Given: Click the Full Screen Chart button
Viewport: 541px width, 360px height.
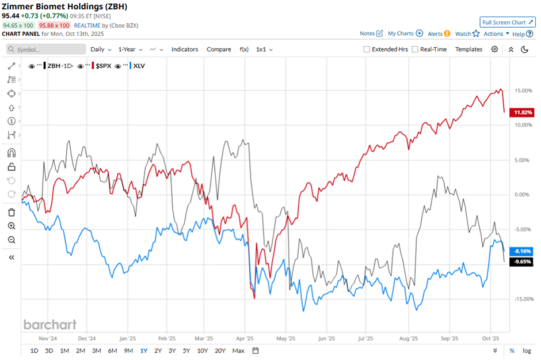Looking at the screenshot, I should [x=508, y=22].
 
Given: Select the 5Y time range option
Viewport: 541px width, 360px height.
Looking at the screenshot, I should [x=186, y=350].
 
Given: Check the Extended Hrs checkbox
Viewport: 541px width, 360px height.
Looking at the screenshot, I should [x=367, y=50].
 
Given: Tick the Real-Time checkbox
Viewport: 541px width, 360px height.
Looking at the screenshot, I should [x=415, y=50].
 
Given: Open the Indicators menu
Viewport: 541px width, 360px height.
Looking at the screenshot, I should [x=184, y=50].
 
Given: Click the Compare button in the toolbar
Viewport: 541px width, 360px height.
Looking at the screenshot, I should [x=219, y=50].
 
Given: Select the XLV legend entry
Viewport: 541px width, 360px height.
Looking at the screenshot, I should [x=139, y=66].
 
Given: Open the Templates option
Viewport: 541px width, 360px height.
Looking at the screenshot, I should [x=468, y=50].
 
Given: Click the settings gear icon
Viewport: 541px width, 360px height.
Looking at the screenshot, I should [x=494, y=50].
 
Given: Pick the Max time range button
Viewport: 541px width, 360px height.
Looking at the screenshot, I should [x=238, y=350].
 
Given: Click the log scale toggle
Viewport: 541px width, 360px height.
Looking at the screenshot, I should [x=527, y=350].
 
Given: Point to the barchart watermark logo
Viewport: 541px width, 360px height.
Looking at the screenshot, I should [x=50, y=324].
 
